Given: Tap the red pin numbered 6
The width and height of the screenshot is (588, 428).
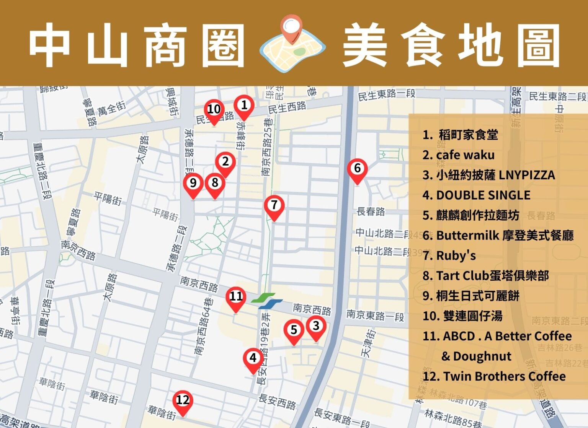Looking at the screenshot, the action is pyautogui.click(x=357, y=169).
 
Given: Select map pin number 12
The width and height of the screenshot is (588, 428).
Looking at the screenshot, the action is pyautogui.click(x=183, y=400).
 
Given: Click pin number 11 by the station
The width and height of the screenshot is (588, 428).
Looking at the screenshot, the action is pyautogui.click(x=236, y=297).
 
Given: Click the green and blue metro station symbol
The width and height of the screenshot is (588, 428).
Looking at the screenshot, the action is pyautogui.click(x=267, y=301).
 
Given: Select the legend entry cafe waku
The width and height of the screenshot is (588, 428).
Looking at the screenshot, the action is pyautogui.click(x=459, y=155).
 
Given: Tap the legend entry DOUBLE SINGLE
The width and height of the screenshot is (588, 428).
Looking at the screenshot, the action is pyautogui.click(x=477, y=195).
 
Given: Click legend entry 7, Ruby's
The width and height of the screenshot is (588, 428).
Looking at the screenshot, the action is pyautogui.click(x=449, y=255).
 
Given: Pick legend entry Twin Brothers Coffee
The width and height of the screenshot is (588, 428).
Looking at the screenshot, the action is pyautogui.click(x=494, y=376).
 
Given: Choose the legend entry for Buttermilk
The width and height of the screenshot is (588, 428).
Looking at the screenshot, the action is pyautogui.click(x=498, y=235).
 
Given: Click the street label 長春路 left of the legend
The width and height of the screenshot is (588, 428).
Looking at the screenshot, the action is pyautogui.click(x=371, y=212).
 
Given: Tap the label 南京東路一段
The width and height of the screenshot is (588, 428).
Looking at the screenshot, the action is pyautogui.click(x=375, y=316).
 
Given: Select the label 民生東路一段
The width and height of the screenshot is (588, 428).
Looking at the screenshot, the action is pyautogui.click(x=387, y=94).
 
